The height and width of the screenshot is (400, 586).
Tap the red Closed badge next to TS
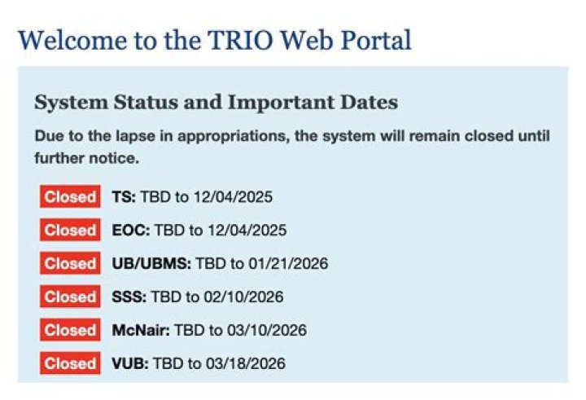(x=70, y=197)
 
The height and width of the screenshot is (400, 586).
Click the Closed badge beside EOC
(x=70, y=231)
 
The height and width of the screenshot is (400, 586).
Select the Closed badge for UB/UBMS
(x=70, y=264)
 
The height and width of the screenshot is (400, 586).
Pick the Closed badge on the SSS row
(x=70, y=297)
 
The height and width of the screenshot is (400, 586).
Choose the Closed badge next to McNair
(x=70, y=331)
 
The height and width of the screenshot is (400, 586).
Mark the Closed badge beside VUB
(x=70, y=363)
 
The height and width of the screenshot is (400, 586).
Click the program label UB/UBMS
(x=151, y=264)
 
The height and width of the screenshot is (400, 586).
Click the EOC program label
(x=131, y=231)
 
